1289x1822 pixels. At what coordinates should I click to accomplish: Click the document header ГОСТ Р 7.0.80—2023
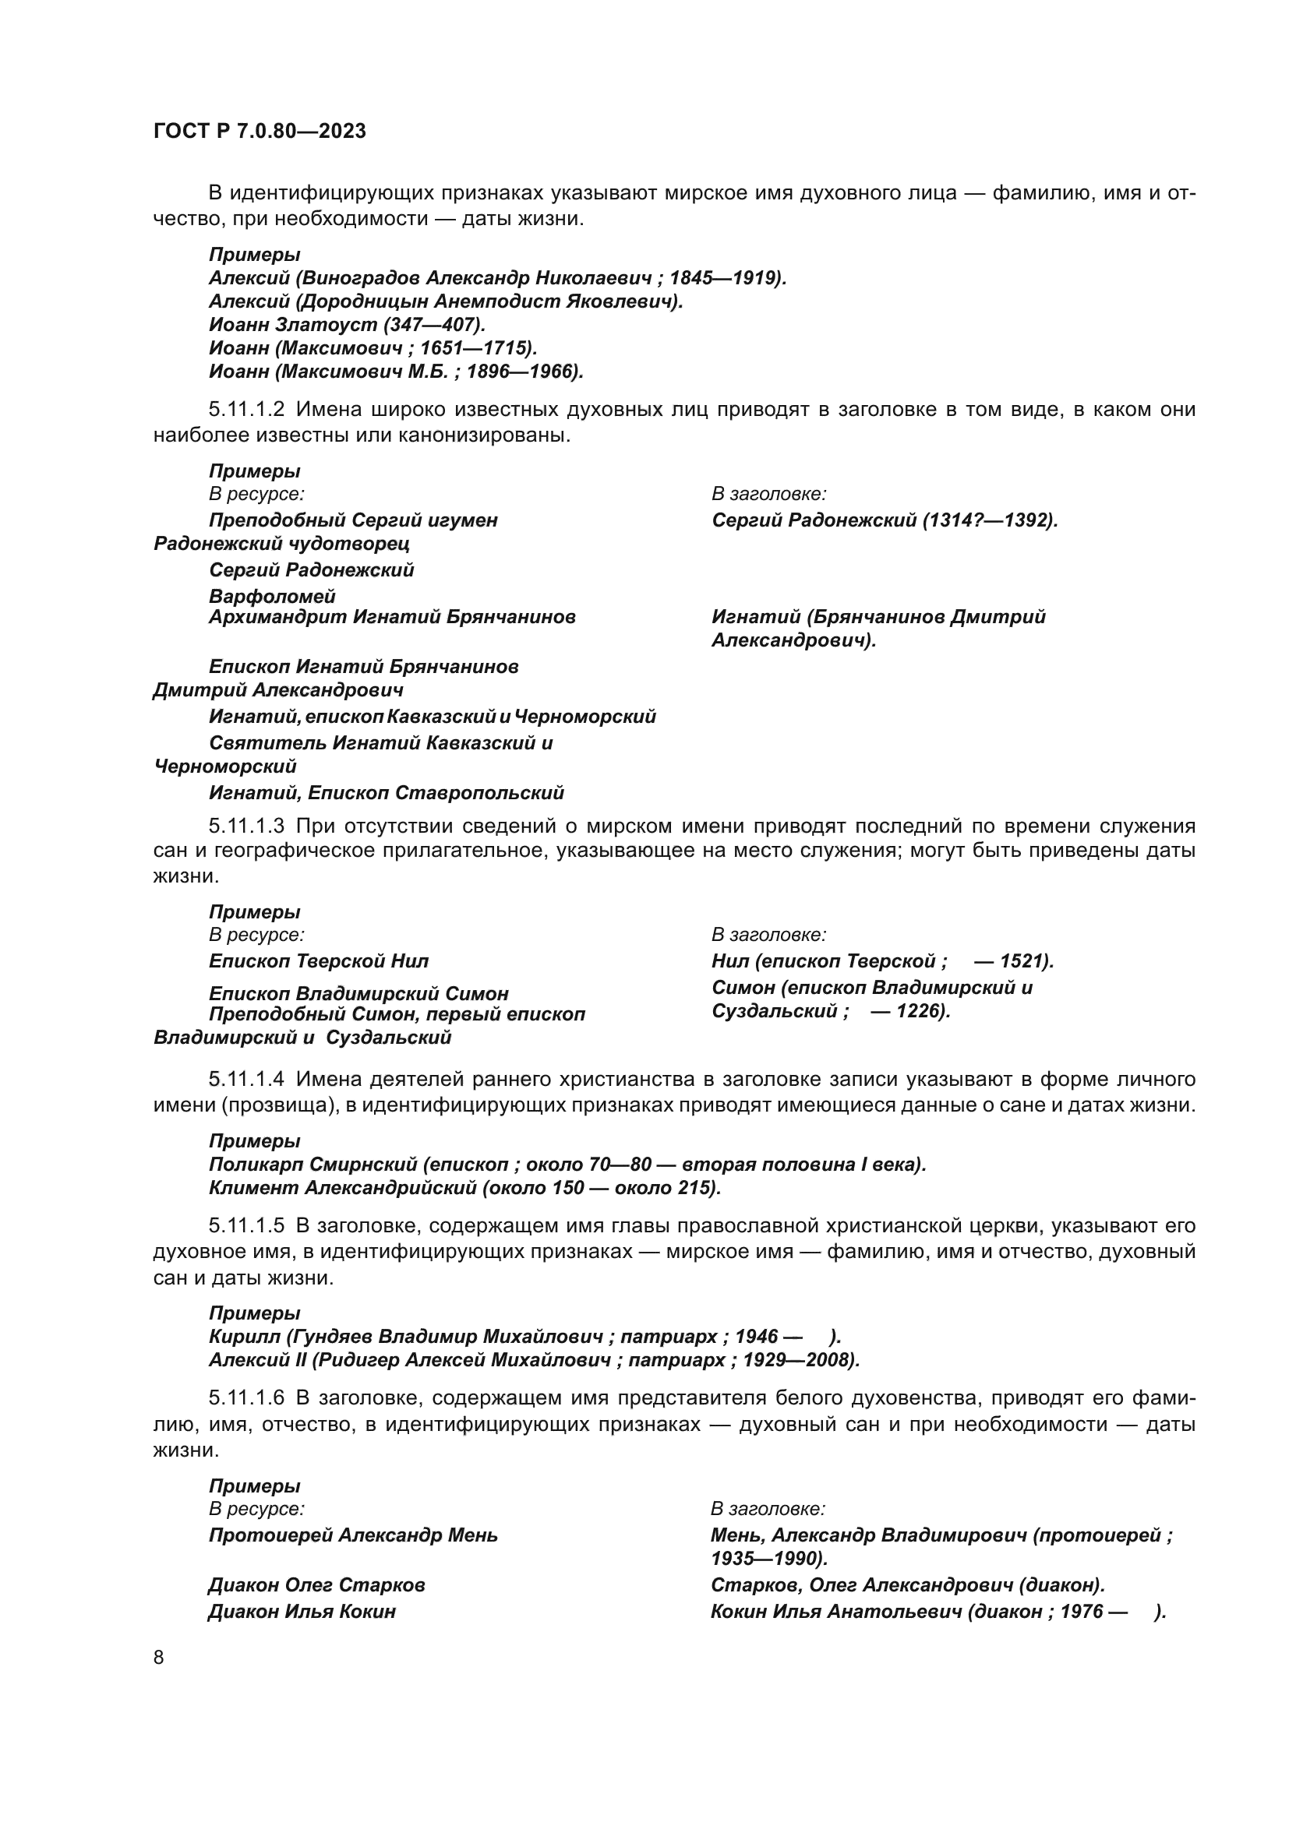260,132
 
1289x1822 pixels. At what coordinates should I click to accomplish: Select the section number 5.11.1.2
246,410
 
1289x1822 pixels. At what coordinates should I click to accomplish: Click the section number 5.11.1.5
246,1226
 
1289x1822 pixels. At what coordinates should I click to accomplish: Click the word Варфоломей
272,596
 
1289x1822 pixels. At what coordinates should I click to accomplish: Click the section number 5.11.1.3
246,826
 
